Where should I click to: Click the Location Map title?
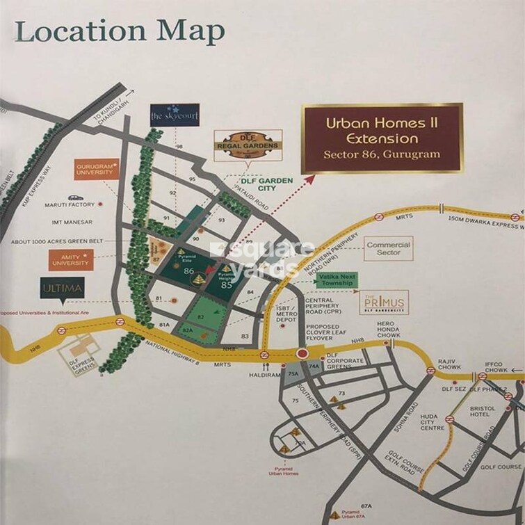pos(120,31)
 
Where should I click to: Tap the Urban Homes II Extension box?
pos(381,138)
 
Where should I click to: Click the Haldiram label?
pos(265,374)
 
